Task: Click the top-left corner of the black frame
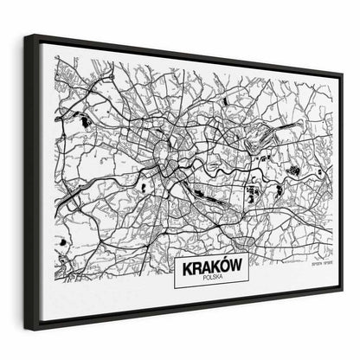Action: [x=25, y=36]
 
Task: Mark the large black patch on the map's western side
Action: [x=84, y=122]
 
